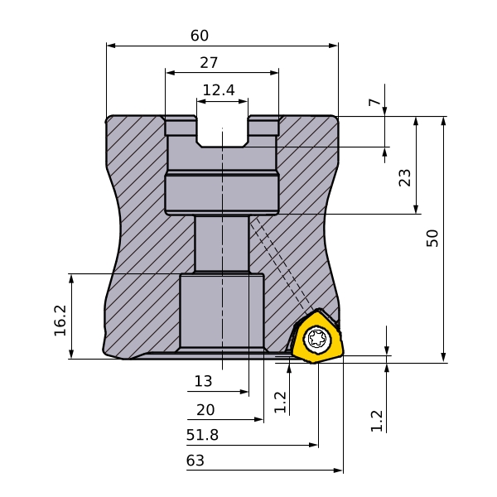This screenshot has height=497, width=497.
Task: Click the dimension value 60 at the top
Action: (x=200, y=36)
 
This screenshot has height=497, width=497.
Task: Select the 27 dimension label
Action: (x=209, y=63)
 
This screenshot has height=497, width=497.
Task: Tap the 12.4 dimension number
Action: (x=219, y=90)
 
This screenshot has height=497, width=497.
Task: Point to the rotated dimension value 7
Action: (x=374, y=102)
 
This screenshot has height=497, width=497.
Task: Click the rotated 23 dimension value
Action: (x=404, y=178)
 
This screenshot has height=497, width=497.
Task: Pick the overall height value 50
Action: (x=432, y=238)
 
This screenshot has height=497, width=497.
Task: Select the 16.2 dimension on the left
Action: (x=60, y=321)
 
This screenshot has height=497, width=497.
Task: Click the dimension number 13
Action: (x=203, y=381)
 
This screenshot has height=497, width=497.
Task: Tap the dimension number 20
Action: (x=205, y=410)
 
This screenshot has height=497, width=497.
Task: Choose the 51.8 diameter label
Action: (x=202, y=435)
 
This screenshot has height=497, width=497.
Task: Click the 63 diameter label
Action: (x=195, y=461)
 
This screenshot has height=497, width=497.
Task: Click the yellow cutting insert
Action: (x=317, y=337)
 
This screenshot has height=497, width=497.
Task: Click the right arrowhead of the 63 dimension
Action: (x=339, y=470)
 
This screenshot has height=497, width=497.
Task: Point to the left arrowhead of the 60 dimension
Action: (x=111, y=46)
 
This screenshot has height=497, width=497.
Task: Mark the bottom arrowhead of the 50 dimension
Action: (x=444, y=358)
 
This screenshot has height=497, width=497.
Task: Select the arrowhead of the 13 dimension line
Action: (x=244, y=392)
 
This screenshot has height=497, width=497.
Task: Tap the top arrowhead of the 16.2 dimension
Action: (x=71, y=278)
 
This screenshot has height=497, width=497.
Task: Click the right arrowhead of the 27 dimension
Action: (x=274, y=73)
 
